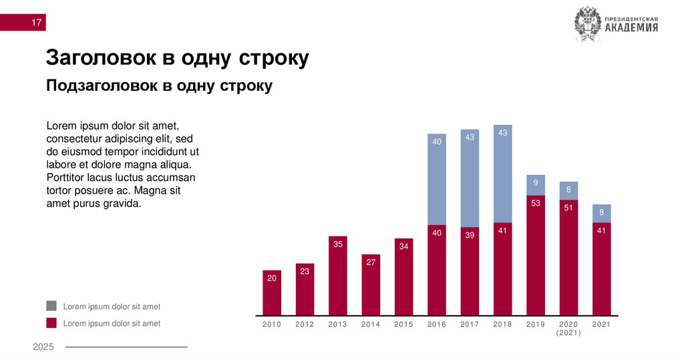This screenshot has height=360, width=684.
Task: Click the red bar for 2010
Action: coord(272,293)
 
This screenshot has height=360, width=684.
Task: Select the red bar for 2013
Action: coord(338,275)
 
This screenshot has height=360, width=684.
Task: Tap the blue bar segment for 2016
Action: coord(436,179)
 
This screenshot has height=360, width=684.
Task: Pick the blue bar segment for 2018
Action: coord(502,174)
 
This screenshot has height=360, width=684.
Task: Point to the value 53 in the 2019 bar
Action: coord(535,203)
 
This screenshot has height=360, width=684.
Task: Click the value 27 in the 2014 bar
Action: coord(371,262)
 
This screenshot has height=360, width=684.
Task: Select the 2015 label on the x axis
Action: coord(403,325)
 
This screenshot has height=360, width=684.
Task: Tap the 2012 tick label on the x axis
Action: coord(305,325)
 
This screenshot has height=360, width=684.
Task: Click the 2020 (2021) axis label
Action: coord(568,328)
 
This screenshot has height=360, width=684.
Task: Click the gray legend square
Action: coord(51,306)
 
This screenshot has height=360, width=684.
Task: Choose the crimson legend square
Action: coord(51,323)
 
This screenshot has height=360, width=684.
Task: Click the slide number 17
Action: coord(37,23)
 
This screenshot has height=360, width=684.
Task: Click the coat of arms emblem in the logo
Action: coord(588,25)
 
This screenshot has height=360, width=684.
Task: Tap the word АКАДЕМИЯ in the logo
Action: coord(631,28)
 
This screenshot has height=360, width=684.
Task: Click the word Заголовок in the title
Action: coord(99,58)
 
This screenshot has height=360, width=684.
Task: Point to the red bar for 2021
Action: coord(601,268)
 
